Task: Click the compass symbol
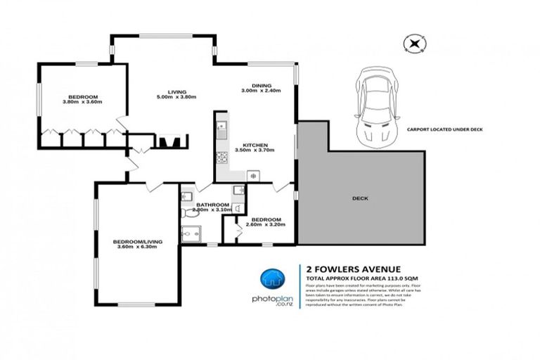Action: click(414, 44)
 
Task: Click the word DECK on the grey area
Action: click(360, 198)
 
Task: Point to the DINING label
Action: click(260, 85)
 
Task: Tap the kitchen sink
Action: click(221, 128)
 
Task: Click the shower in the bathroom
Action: click(191, 233)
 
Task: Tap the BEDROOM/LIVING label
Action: click(138, 242)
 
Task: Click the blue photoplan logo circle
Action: click(271, 279)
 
